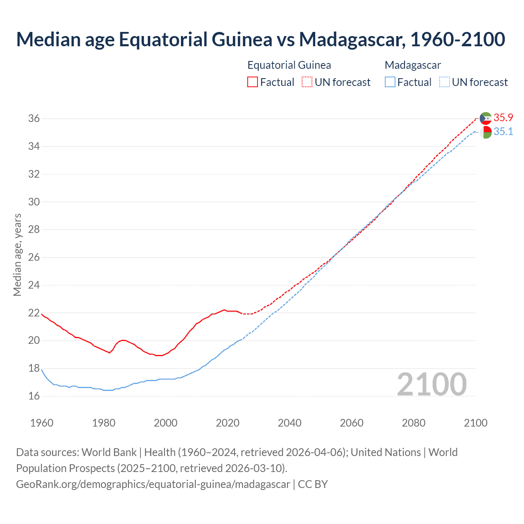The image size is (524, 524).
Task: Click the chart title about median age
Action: pyautogui.click(x=261, y=39)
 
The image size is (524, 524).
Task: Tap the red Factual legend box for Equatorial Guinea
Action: pyautogui.click(x=253, y=82)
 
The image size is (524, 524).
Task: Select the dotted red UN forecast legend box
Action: pyautogui.click(x=307, y=82)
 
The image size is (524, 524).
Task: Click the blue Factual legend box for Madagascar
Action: pyautogui.click(x=390, y=82)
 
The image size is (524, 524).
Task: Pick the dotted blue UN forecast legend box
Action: pyautogui.click(x=444, y=82)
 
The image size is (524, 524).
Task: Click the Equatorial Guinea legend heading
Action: pyautogui.click(x=289, y=65)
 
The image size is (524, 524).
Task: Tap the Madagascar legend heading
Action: pyautogui.click(x=413, y=65)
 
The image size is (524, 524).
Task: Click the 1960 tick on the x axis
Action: pyautogui.click(x=42, y=423)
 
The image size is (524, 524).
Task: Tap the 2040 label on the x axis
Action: pyautogui.click(x=289, y=423)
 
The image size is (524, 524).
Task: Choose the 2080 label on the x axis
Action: pyautogui.click(x=413, y=423)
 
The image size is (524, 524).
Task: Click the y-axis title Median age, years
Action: pyautogui.click(x=17, y=255)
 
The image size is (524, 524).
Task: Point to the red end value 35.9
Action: pyautogui.click(x=503, y=118)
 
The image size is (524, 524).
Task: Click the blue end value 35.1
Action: pyautogui.click(x=503, y=132)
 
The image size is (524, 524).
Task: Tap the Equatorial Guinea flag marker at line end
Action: pyautogui.click(x=486, y=118)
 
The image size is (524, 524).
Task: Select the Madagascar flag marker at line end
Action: pyautogui.click(x=486, y=132)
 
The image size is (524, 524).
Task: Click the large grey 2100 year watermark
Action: pyautogui.click(x=431, y=384)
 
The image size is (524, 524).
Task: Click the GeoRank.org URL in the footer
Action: pyautogui.click(x=153, y=484)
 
